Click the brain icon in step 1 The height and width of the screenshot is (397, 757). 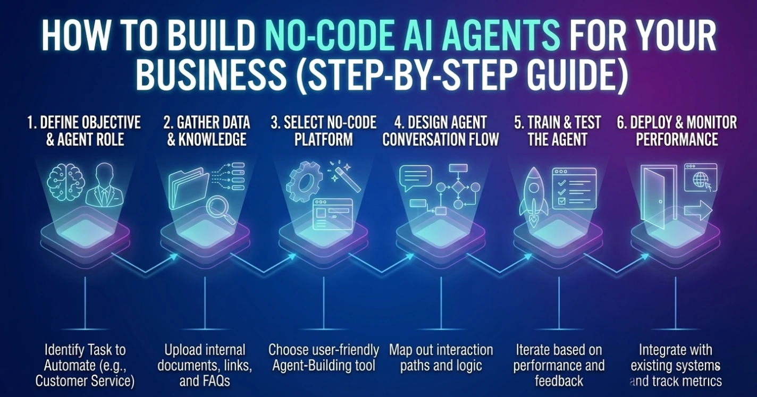coord(65,182)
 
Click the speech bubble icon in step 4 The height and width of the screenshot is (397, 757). coord(416,178)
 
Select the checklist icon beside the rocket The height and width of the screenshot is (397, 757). coord(574,187)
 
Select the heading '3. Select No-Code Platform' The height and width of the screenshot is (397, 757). coord(323,131)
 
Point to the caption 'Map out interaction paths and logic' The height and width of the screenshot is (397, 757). coord(441,358)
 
